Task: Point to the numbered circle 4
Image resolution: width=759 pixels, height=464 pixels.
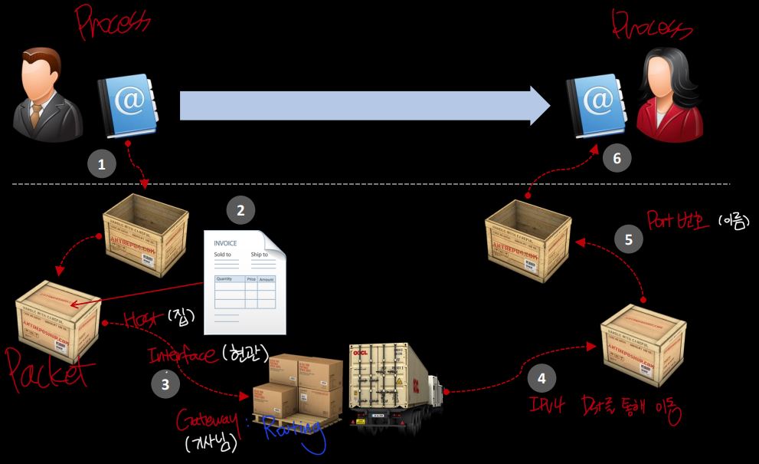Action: (541, 378)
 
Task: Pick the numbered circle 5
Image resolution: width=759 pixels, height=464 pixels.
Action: (629, 239)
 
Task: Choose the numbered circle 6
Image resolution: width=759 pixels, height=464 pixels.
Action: (617, 159)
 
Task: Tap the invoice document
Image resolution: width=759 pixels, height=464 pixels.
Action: (244, 281)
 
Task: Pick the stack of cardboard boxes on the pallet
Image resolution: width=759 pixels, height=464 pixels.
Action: (299, 387)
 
